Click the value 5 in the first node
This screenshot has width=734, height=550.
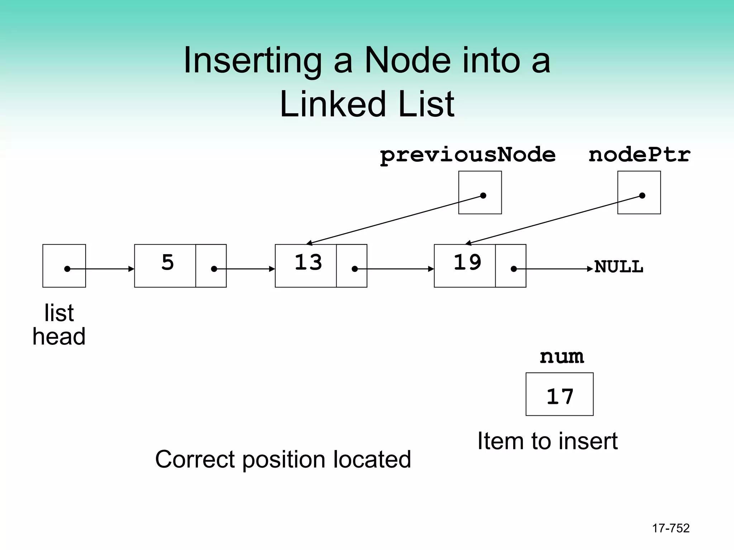pos(167,262)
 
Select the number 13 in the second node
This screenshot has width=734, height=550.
pos(308,262)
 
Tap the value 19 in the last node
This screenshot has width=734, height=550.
pos(467,262)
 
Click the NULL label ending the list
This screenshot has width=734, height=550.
pos(619,267)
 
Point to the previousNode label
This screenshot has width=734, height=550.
pos(467,155)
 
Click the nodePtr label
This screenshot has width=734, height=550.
pos(639,155)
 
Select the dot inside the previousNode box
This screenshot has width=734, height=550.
pos(483,196)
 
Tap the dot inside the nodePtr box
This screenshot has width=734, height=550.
pos(642,196)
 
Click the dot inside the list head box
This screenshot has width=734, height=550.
pos(67,269)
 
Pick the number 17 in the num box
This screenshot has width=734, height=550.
pos(560,397)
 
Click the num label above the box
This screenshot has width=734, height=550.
pos(562,357)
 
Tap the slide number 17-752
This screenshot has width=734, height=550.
pos(671,528)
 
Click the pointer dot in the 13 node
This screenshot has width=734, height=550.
pos(354,269)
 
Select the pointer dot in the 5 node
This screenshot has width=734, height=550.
pos(214,269)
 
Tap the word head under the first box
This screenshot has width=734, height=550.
pos(59,337)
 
